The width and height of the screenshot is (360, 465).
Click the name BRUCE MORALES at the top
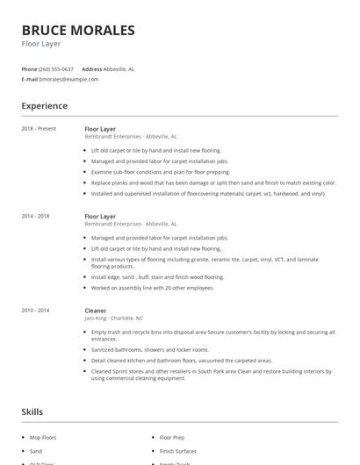[x=78, y=31]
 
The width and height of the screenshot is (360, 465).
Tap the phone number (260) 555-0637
[x=57, y=68]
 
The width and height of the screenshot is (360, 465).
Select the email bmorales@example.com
[x=69, y=79]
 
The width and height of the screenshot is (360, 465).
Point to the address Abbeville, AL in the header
[x=119, y=68]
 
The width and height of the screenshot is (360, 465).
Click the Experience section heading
[x=44, y=106]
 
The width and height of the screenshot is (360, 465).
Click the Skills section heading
[x=32, y=411]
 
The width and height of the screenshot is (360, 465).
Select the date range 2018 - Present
[x=39, y=129]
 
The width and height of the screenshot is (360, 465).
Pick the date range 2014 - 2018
[x=35, y=216]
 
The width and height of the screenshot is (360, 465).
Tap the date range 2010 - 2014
[x=35, y=311]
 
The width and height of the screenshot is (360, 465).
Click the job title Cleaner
[x=96, y=311]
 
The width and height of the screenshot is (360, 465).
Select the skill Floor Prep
[x=172, y=436]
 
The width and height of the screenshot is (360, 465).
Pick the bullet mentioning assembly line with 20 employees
[x=152, y=287]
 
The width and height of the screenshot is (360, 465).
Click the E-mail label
[x=30, y=79]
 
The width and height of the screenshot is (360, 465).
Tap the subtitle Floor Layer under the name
[x=41, y=45]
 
